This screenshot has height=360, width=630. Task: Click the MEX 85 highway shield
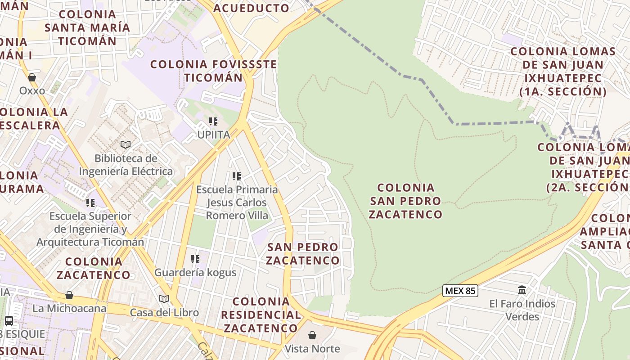[x=459, y=291]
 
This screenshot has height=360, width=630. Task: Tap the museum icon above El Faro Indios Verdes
[x=522, y=290]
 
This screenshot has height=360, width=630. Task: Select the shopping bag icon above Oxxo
[x=32, y=77]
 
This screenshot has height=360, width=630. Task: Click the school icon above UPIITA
[x=213, y=121]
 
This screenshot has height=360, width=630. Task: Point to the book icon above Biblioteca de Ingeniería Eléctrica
[x=126, y=144]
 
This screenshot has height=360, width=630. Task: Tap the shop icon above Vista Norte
[x=312, y=335]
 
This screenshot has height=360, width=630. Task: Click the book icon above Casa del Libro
[x=164, y=299]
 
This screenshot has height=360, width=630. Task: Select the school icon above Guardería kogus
[x=195, y=259]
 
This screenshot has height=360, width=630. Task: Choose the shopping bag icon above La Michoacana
[x=69, y=295]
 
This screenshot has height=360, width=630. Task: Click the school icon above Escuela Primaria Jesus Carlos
[x=237, y=176]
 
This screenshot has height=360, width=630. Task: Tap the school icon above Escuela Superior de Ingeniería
[x=90, y=202]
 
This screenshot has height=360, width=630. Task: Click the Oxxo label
[x=32, y=91]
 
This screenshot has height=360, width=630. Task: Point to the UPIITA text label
[x=214, y=135]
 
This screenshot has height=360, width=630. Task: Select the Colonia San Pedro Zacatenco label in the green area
[x=406, y=201]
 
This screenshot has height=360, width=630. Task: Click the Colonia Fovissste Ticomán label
[x=214, y=71]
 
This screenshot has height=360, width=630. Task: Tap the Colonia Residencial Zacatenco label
[x=261, y=315]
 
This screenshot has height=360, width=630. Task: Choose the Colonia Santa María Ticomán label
[x=87, y=27]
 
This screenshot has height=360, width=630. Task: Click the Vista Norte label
[x=312, y=349]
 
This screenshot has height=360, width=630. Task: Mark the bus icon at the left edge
[x=9, y=321]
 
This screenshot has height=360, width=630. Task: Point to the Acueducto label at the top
[x=251, y=8]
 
